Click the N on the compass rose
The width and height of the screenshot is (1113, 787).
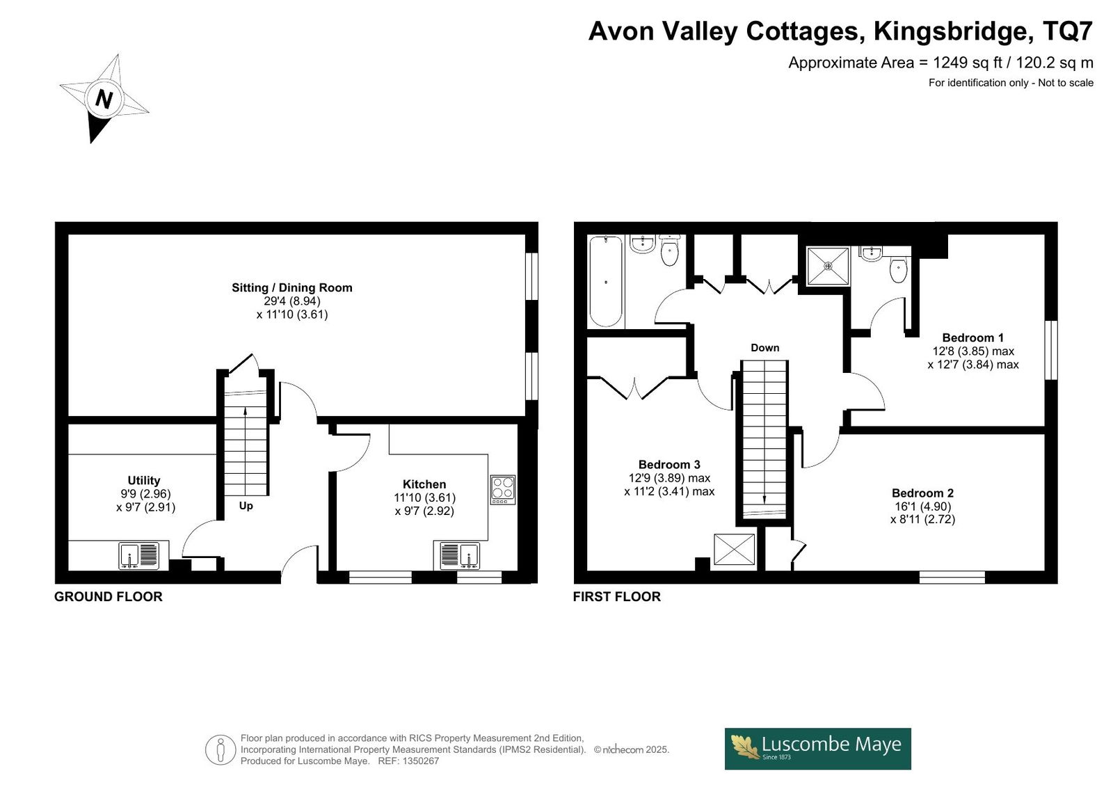(104, 99)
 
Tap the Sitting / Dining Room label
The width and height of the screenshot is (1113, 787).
(292, 288)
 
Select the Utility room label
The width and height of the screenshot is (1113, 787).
(144, 480)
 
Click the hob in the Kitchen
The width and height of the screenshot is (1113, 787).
(503, 490)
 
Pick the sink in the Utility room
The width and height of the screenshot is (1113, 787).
(139, 555)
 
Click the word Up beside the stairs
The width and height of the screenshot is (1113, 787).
(246, 506)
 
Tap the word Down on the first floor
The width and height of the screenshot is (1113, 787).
(764, 348)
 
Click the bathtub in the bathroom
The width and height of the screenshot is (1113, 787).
(606, 281)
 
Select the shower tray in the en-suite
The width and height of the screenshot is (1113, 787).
(828, 266)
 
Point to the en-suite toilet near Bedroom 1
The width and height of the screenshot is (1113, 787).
(898, 269)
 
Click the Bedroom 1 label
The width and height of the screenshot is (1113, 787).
(973, 337)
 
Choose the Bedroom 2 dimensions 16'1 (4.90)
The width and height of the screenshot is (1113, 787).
(922, 506)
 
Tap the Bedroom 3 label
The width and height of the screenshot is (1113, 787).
(669, 464)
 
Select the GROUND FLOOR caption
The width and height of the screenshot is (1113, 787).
(109, 596)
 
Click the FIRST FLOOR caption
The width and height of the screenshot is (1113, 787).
(616, 596)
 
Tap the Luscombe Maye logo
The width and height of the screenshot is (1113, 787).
(818, 749)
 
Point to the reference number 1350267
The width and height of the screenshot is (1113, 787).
(419, 761)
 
